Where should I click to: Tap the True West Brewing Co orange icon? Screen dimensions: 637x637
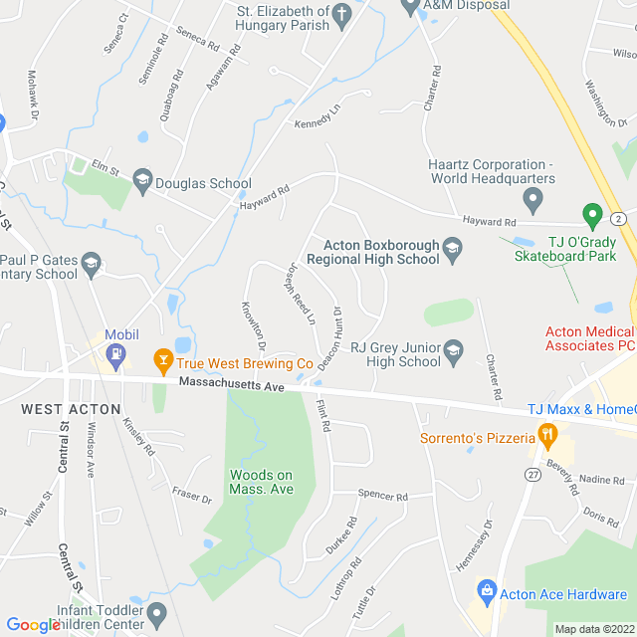pos(160,357)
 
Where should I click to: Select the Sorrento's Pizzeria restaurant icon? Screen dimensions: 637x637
pos(545,435)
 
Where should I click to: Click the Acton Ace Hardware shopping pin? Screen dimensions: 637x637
pos(487,592)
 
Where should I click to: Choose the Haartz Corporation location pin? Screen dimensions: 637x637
pos(532,200)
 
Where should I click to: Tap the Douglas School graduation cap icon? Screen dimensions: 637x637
pos(141,180)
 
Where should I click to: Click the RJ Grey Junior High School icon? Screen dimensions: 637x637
pos(454,348)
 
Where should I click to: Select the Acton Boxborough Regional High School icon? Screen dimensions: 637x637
pos(453,249)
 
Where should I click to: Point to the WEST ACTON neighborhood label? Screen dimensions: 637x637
pos(71,409)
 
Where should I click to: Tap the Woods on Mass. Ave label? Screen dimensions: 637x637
pos(262,482)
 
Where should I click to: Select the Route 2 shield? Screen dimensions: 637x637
pos(620,218)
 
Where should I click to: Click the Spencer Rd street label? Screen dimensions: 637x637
pos(383,496)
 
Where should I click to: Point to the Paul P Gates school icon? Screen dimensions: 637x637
pos(92,263)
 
